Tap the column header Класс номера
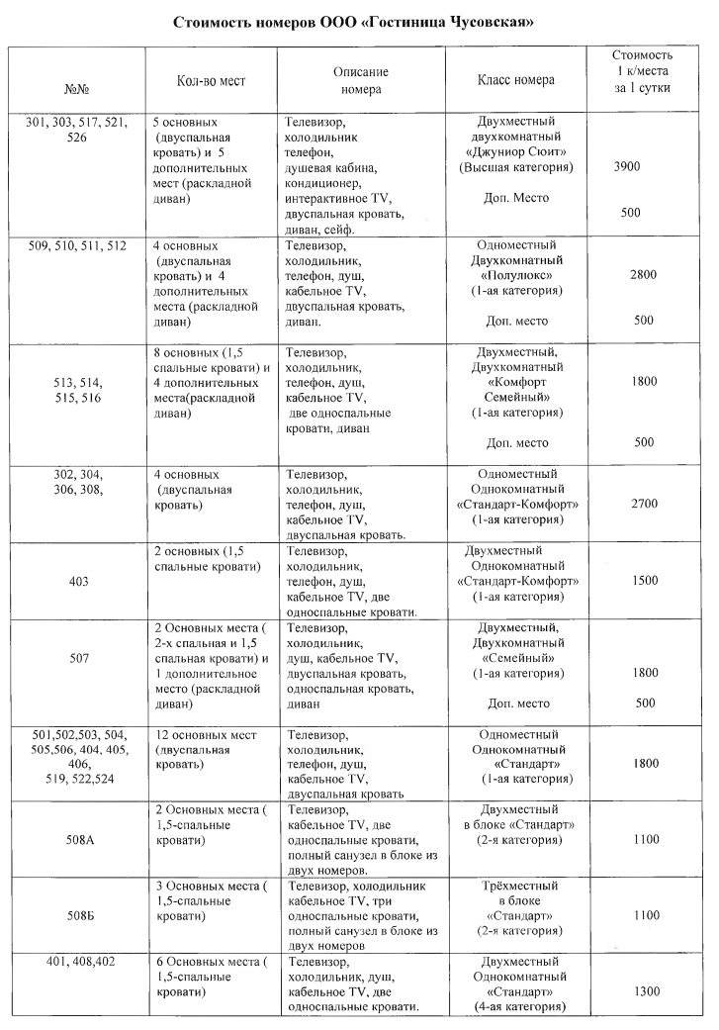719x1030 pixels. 515,80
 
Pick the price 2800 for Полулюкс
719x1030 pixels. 644,277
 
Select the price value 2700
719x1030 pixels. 644,504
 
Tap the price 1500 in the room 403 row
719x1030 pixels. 644,580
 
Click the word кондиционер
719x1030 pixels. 326,184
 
